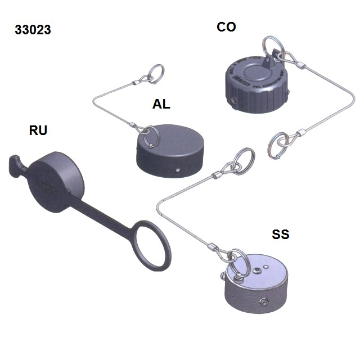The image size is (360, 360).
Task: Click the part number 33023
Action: [x=33, y=30]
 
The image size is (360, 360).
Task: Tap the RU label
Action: [x=38, y=131]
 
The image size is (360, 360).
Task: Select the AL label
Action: [x=161, y=104]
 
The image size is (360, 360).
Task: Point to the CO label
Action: [x=226, y=26]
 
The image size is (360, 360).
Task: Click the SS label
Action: [x=280, y=234]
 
